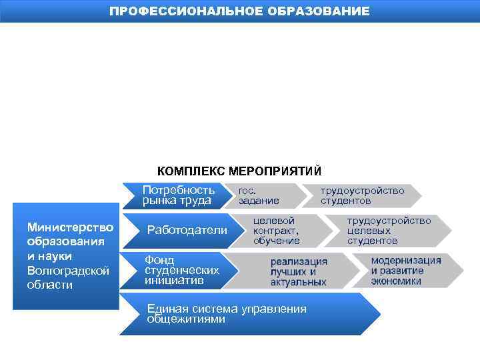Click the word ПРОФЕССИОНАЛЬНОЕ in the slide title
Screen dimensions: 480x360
(x=186, y=11)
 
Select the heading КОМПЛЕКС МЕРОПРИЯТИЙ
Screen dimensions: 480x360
(x=239, y=171)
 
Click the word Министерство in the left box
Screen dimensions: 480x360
(x=70, y=228)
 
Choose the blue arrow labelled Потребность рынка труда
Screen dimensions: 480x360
(x=177, y=195)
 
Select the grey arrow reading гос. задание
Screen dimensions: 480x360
(x=263, y=195)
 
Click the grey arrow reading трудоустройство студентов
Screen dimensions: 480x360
(x=363, y=195)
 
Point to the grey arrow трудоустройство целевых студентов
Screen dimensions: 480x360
(x=393, y=230)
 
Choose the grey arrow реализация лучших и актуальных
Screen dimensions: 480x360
(x=300, y=271)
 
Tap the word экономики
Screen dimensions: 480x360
(x=396, y=281)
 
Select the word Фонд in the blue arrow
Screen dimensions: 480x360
(x=159, y=260)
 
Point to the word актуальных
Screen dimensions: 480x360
(x=298, y=283)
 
